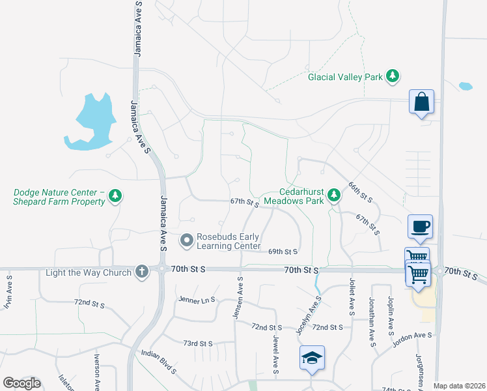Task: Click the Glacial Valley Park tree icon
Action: pyautogui.click(x=392, y=77)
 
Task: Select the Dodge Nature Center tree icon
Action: pyautogui.click(x=115, y=195)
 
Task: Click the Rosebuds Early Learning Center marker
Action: pyautogui.click(x=188, y=241)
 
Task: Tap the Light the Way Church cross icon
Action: pyautogui.click(x=142, y=272)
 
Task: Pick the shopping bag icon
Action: pyautogui.click(x=421, y=102)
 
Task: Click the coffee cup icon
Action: pyautogui.click(x=420, y=226)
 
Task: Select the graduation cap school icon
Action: pyautogui.click(x=312, y=357)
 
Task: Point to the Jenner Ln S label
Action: pyautogui.click(x=196, y=300)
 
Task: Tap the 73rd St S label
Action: pyautogui.click(x=198, y=343)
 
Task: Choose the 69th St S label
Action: pyautogui.click(x=283, y=252)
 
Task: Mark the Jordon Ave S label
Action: pyautogui.click(x=413, y=335)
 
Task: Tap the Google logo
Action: pyautogui.click(x=21, y=383)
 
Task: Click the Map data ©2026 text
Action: pyautogui.click(x=458, y=386)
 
